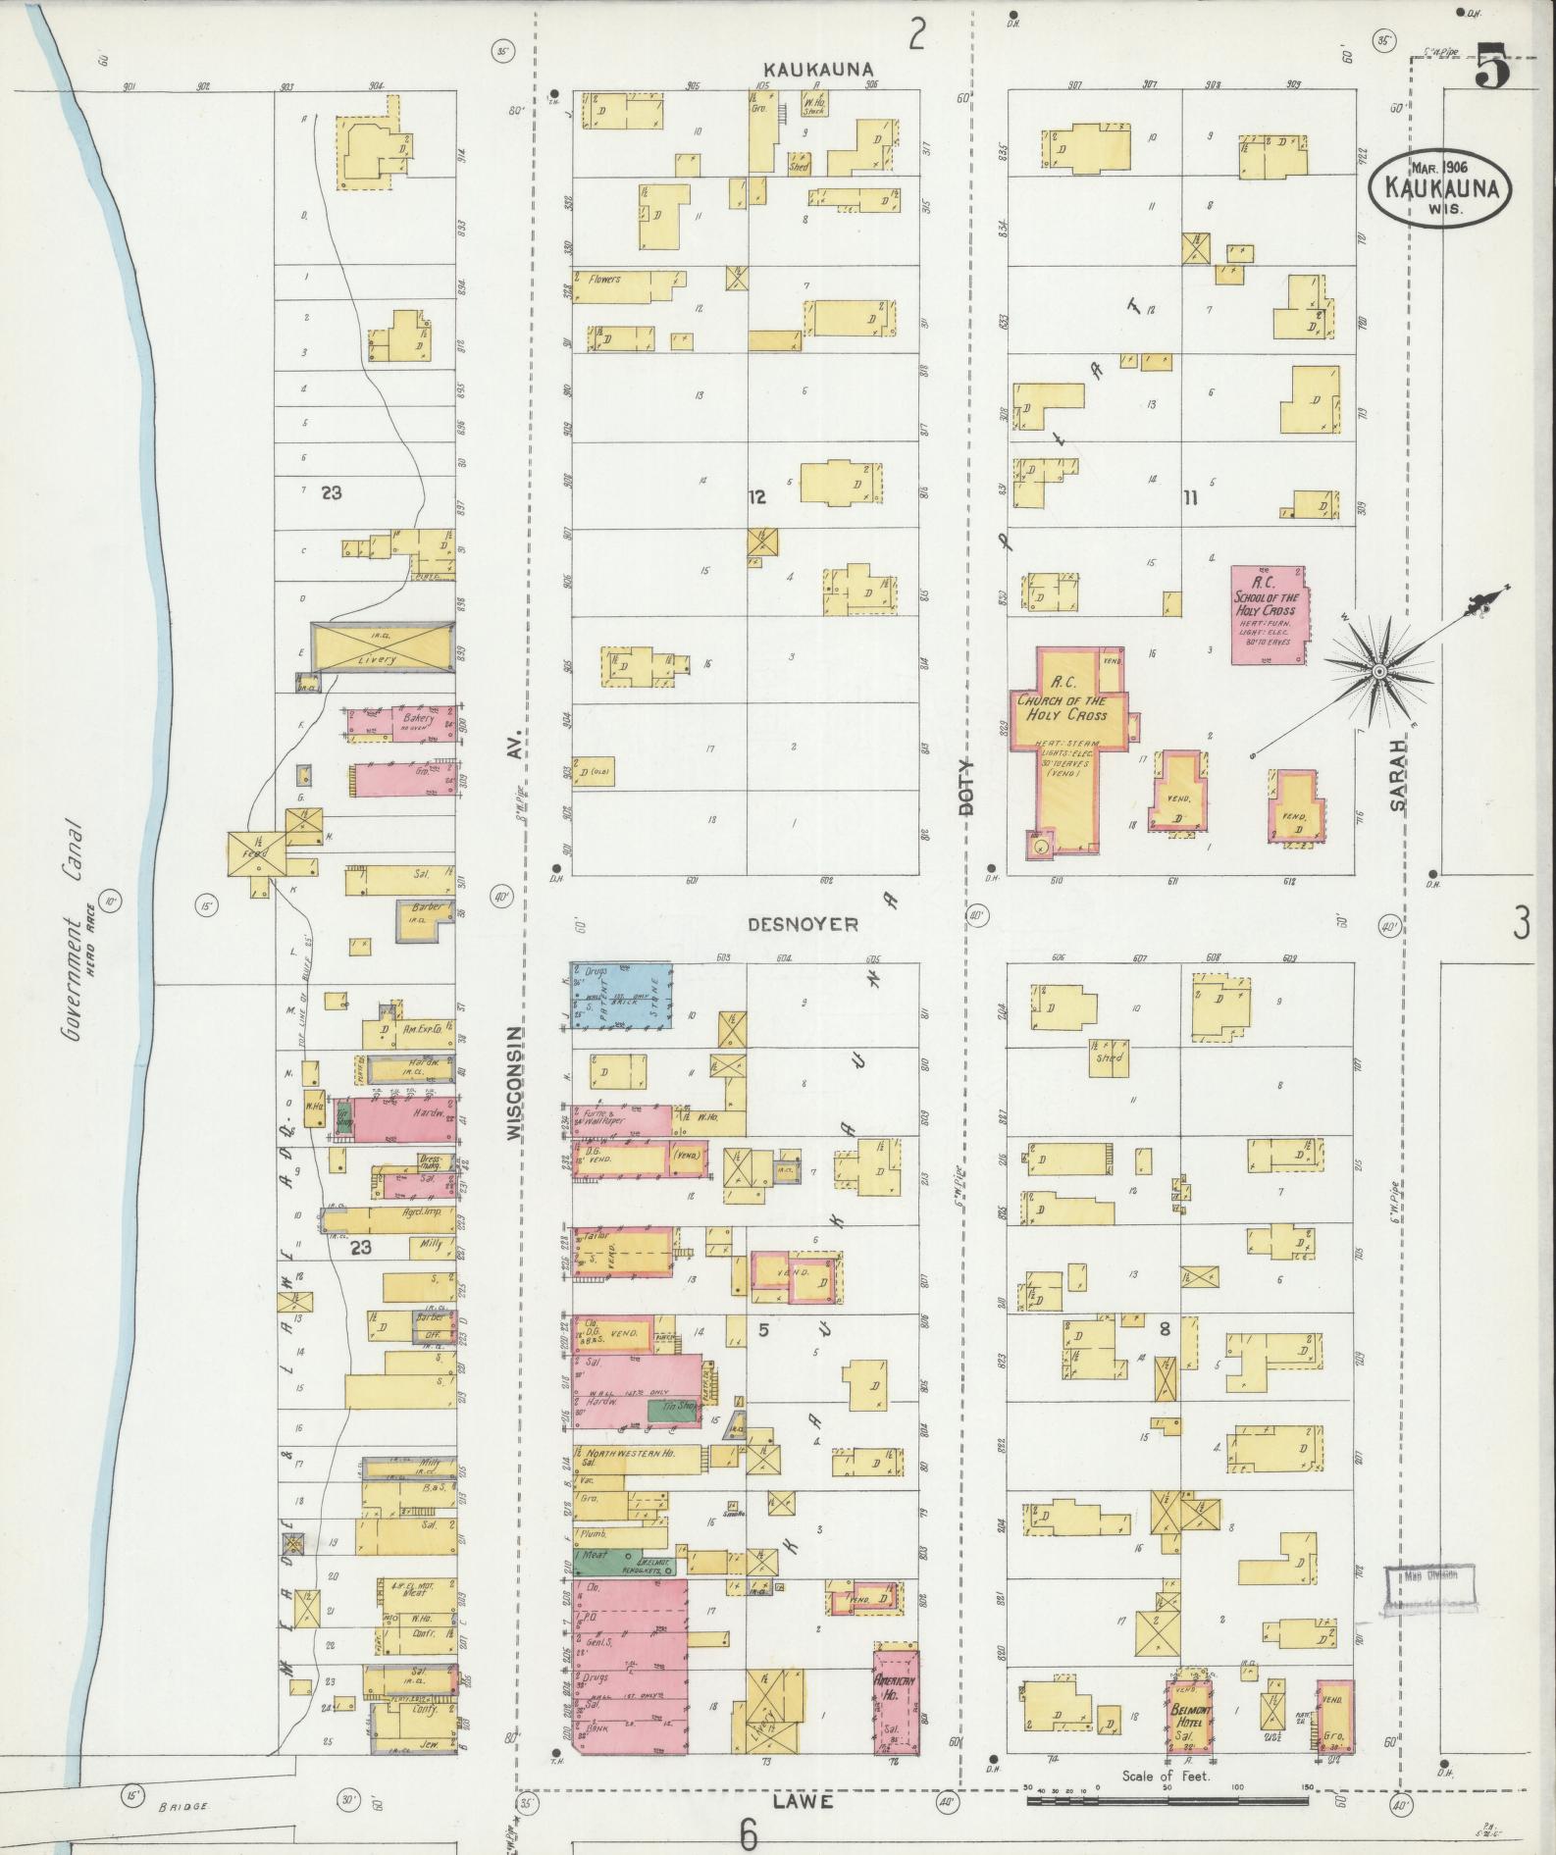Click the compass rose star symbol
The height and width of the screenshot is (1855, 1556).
[1378, 671]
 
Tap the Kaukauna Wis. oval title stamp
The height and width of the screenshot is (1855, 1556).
[1439, 185]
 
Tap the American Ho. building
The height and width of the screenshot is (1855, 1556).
[896, 1701]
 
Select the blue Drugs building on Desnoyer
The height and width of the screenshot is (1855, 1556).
[621, 995]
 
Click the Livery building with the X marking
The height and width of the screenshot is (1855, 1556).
[381, 647]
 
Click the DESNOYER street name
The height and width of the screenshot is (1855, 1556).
[803, 924]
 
